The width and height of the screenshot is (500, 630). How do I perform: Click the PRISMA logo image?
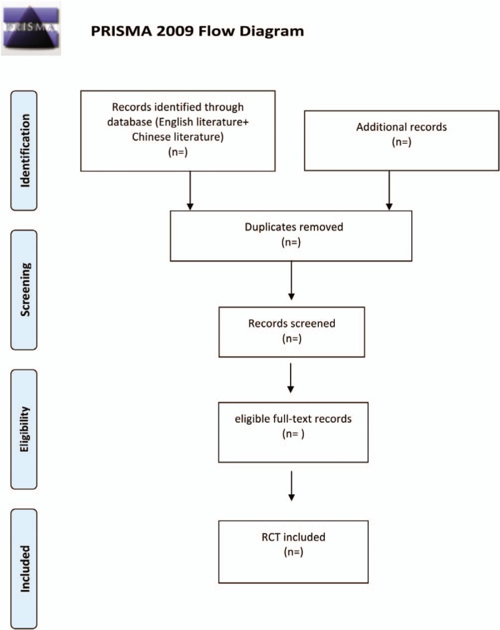click(31, 28)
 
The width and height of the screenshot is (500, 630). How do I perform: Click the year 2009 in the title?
click(155, 31)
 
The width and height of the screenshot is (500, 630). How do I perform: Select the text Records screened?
click(291, 324)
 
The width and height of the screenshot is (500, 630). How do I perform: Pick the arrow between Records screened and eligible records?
click(291, 379)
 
